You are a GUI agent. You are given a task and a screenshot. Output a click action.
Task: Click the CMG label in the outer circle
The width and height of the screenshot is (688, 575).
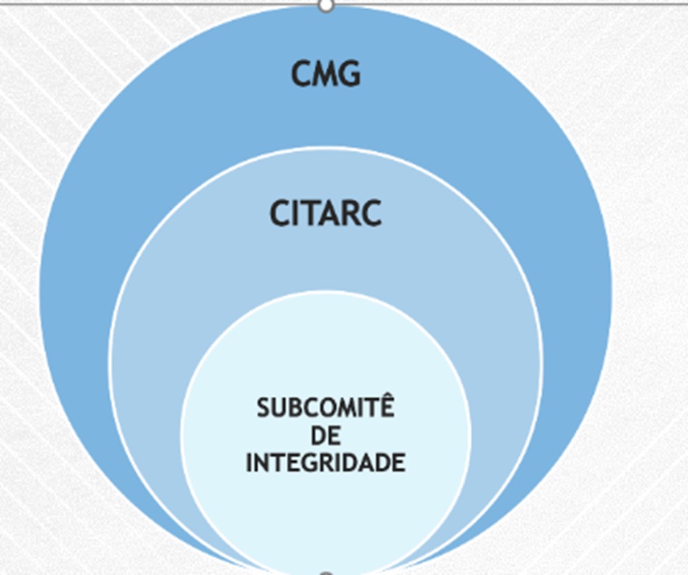coord(326,73)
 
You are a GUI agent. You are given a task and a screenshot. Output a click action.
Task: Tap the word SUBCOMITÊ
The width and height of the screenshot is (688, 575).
coord(326,407)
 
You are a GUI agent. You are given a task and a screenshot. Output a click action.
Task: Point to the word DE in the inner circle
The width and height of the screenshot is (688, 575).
coord(326,436)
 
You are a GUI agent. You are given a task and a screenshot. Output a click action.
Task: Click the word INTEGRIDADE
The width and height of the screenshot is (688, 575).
coord(326,463)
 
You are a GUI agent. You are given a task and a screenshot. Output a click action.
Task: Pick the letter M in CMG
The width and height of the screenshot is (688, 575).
coord(325,73)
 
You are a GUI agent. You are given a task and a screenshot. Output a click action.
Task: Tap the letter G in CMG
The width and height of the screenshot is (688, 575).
coord(349,73)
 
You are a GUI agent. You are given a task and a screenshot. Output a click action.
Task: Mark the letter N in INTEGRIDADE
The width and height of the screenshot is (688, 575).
coord(262,463)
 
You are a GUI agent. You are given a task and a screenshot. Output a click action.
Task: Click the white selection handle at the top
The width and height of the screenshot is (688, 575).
coord(326,6)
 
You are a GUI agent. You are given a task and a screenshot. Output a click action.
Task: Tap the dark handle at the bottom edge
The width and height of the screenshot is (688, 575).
coord(326,572)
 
